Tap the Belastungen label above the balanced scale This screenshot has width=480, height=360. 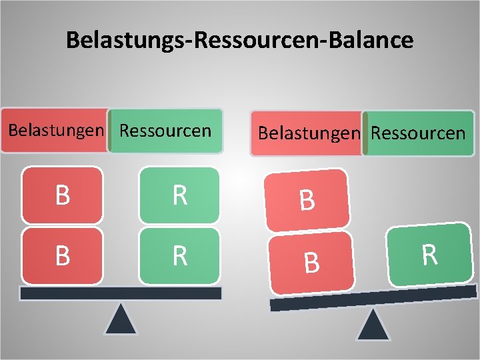[x=56, y=130]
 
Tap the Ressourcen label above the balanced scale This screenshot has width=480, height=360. [x=165, y=130]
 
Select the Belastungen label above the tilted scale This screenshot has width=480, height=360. [x=308, y=133]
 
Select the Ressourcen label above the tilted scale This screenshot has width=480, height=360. [x=418, y=133]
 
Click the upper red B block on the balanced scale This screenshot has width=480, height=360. [x=62, y=195]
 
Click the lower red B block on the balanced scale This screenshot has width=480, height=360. [x=62, y=256]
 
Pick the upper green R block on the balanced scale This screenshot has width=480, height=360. [x=179, y=195]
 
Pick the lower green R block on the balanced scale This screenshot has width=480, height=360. [x=179, y=256]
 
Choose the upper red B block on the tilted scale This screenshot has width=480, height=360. [x=307, y=200]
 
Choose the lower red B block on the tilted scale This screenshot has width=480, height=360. [x=311, y=262]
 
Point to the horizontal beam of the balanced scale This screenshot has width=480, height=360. [x=121, y=293]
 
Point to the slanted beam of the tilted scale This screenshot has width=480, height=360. [x=373, y=297]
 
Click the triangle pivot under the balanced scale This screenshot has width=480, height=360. [x=121, y=319]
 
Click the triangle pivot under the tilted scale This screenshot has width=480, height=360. [x=373, y=325]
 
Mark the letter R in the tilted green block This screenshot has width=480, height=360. [x=429, y=255]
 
